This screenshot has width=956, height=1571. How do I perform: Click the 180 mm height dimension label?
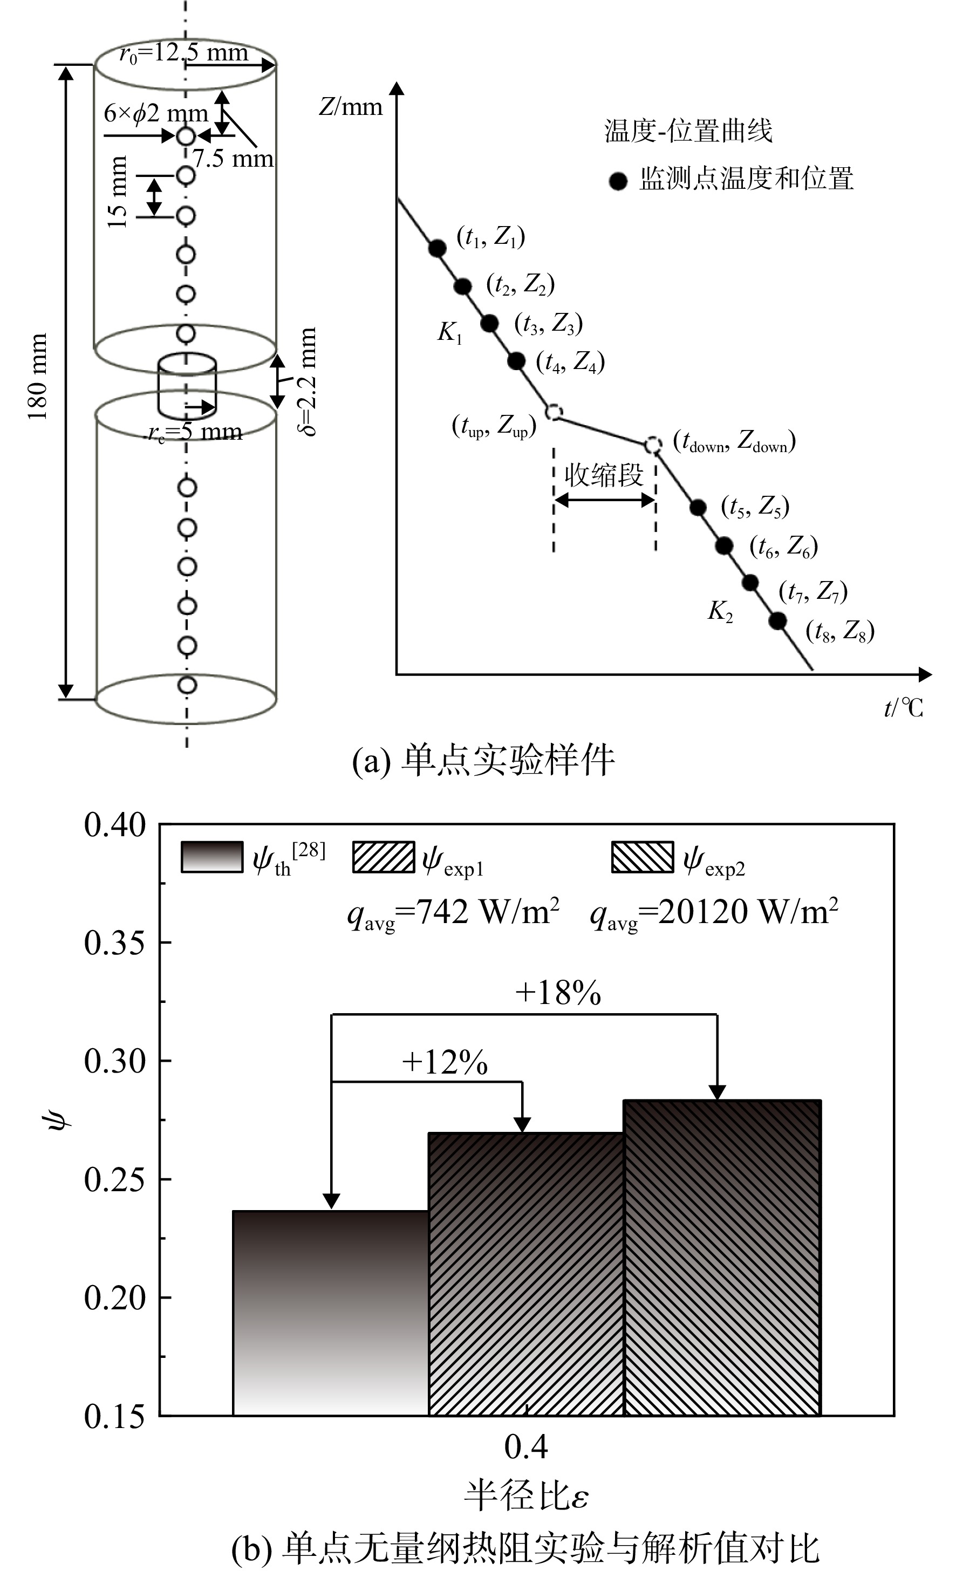coord(39,376)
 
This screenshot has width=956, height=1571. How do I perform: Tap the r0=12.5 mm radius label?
coord(183,52)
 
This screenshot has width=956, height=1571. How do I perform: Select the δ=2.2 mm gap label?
coord(308,382)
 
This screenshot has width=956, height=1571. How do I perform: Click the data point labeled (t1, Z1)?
coord(438,248)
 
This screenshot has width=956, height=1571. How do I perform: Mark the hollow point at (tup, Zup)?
coord(554,412)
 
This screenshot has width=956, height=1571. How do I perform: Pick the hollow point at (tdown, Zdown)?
coord(652,445)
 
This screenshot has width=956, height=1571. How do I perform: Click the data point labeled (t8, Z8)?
coord(777,620)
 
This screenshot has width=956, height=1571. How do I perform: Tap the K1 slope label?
coord(449,333)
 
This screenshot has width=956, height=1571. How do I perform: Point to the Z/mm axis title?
coord(351,107)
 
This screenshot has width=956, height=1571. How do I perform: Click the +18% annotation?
coord(558,993)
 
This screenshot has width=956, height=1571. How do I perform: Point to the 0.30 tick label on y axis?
coord(115,1061)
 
